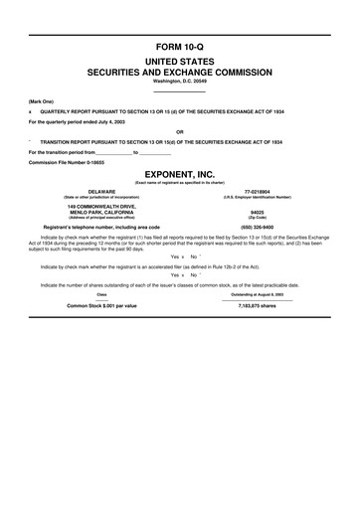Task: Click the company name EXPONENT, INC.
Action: click(180, 172)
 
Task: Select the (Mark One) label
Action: click(41, 101)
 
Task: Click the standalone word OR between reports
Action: click(180, 131)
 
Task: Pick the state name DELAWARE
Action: click(95, 190)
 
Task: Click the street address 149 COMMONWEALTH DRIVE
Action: click(95, 206)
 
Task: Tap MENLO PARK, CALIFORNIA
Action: click(95, 212)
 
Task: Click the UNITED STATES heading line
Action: click(180, 61)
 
